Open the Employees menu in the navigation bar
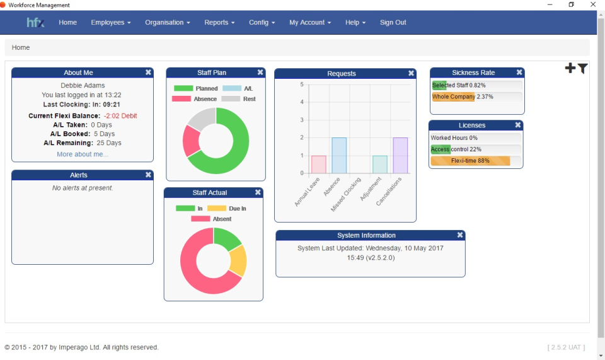point(110,23)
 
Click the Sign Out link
point(393,23)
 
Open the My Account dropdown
point(310,23)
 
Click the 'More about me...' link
point(82,154)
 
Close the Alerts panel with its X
point(148,175)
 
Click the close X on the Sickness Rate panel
point(519,73)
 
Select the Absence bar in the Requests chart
point(339,155)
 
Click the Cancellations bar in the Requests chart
point(400,155)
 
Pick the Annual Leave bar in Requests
point(319,165)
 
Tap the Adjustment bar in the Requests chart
point(380,165)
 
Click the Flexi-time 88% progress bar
point(470,161)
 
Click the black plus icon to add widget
point(570,68)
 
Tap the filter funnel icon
point(582,69)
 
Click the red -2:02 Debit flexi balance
point(120,116)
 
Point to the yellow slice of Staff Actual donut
point(238,260)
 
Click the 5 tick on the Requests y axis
point(302,84)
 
